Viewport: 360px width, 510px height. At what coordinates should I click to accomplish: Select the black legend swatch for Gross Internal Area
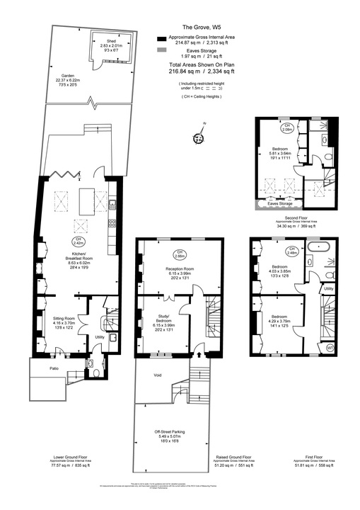tap(162, 37)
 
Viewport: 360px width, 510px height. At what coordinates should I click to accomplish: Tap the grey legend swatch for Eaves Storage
tap(162, 52)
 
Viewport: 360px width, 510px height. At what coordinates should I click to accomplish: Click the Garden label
tap(68, 75)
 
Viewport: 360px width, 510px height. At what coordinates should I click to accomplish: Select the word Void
tap(158, 375)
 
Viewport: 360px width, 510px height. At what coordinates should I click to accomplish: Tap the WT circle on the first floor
tap(330, 348)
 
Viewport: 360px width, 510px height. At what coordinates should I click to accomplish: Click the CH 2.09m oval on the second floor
tap(287, 128)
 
